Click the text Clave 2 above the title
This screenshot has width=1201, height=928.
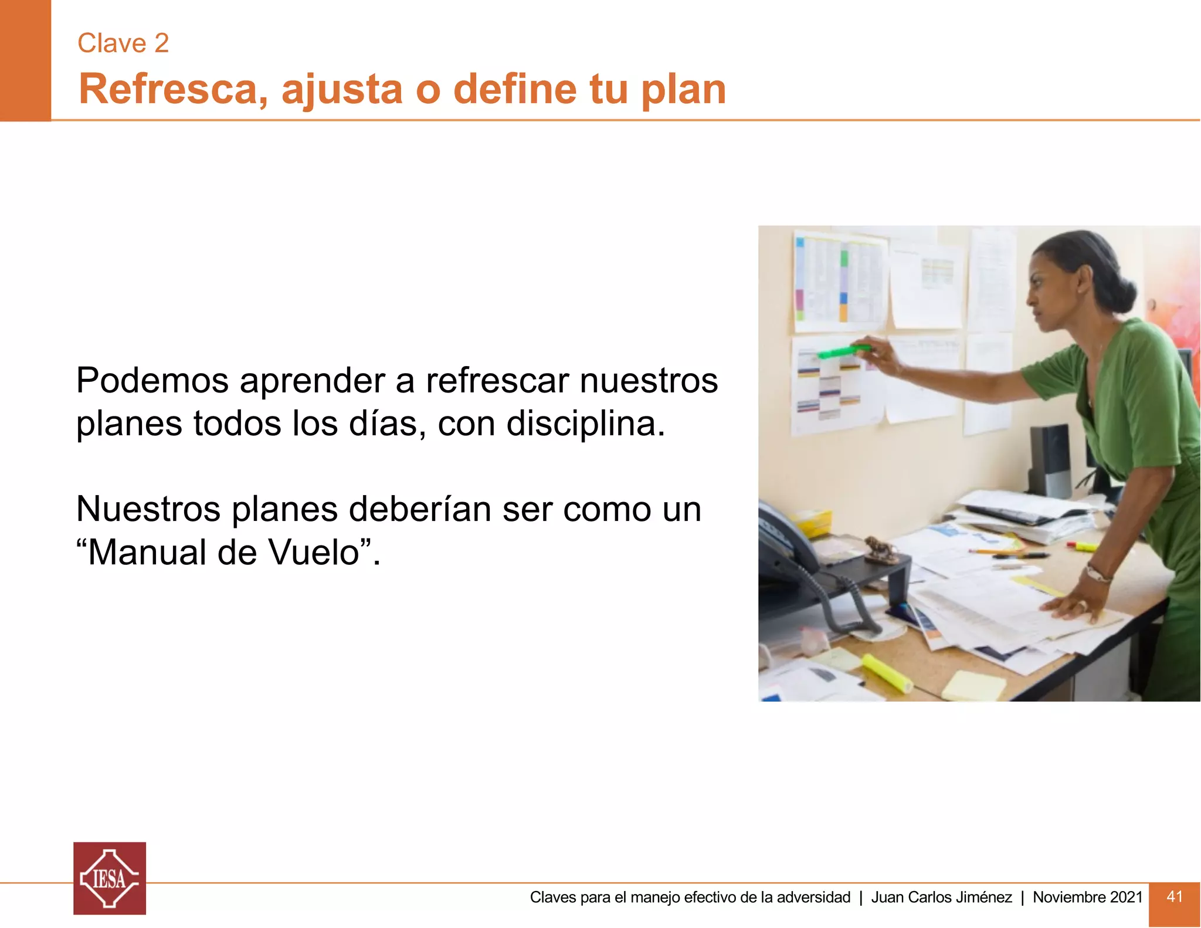point(123,43)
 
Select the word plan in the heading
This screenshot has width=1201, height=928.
point(683,90)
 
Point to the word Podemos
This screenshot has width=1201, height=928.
point(152,381)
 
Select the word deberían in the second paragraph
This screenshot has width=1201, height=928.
point(420,509)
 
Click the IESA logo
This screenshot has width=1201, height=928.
point(110,878)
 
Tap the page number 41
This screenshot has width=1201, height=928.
point(1174,896)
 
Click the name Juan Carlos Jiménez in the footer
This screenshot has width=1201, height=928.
point(941,897)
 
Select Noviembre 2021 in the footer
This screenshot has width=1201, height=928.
point(1087,897)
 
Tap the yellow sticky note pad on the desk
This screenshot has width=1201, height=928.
point(974,685)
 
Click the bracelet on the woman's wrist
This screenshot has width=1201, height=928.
point(1097,573)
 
